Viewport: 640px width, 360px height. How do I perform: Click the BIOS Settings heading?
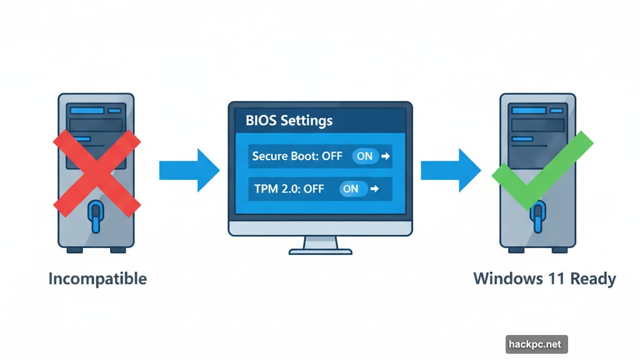289,120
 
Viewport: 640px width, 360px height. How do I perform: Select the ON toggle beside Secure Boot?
364,156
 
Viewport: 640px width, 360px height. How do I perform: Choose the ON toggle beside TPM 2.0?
351,188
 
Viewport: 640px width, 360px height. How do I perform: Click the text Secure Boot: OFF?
297,156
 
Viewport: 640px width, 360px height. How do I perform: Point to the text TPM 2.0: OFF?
289,188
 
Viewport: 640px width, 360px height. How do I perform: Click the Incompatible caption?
97,278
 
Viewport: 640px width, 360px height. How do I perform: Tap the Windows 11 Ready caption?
544,278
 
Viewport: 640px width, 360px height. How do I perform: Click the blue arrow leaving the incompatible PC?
189,170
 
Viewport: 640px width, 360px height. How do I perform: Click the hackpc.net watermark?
537,344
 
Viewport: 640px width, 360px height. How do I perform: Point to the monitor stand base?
320,251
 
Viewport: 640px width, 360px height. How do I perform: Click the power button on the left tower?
95,216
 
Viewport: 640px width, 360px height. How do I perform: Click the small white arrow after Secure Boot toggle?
386,156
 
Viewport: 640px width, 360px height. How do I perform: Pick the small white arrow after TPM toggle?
374,188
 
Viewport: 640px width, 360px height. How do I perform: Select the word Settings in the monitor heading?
306,120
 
